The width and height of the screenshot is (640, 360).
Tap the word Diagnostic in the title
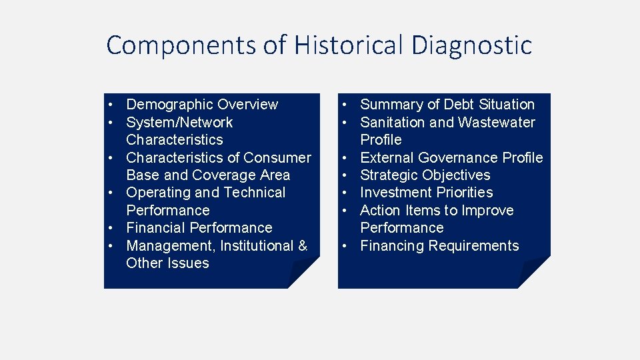tap(472, 45)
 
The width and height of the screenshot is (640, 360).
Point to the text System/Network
tap(179, 123)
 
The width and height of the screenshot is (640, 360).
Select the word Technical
tap(254, 193)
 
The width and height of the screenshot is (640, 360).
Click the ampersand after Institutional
tap(303, 246)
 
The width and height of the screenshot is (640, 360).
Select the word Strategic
tap(389, 175)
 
